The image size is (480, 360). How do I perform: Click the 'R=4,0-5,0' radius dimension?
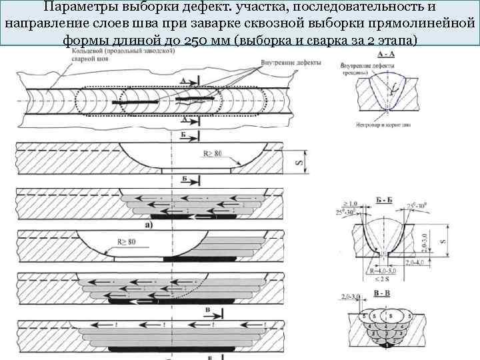[383, 271]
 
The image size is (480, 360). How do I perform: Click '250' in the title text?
[215, 39]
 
